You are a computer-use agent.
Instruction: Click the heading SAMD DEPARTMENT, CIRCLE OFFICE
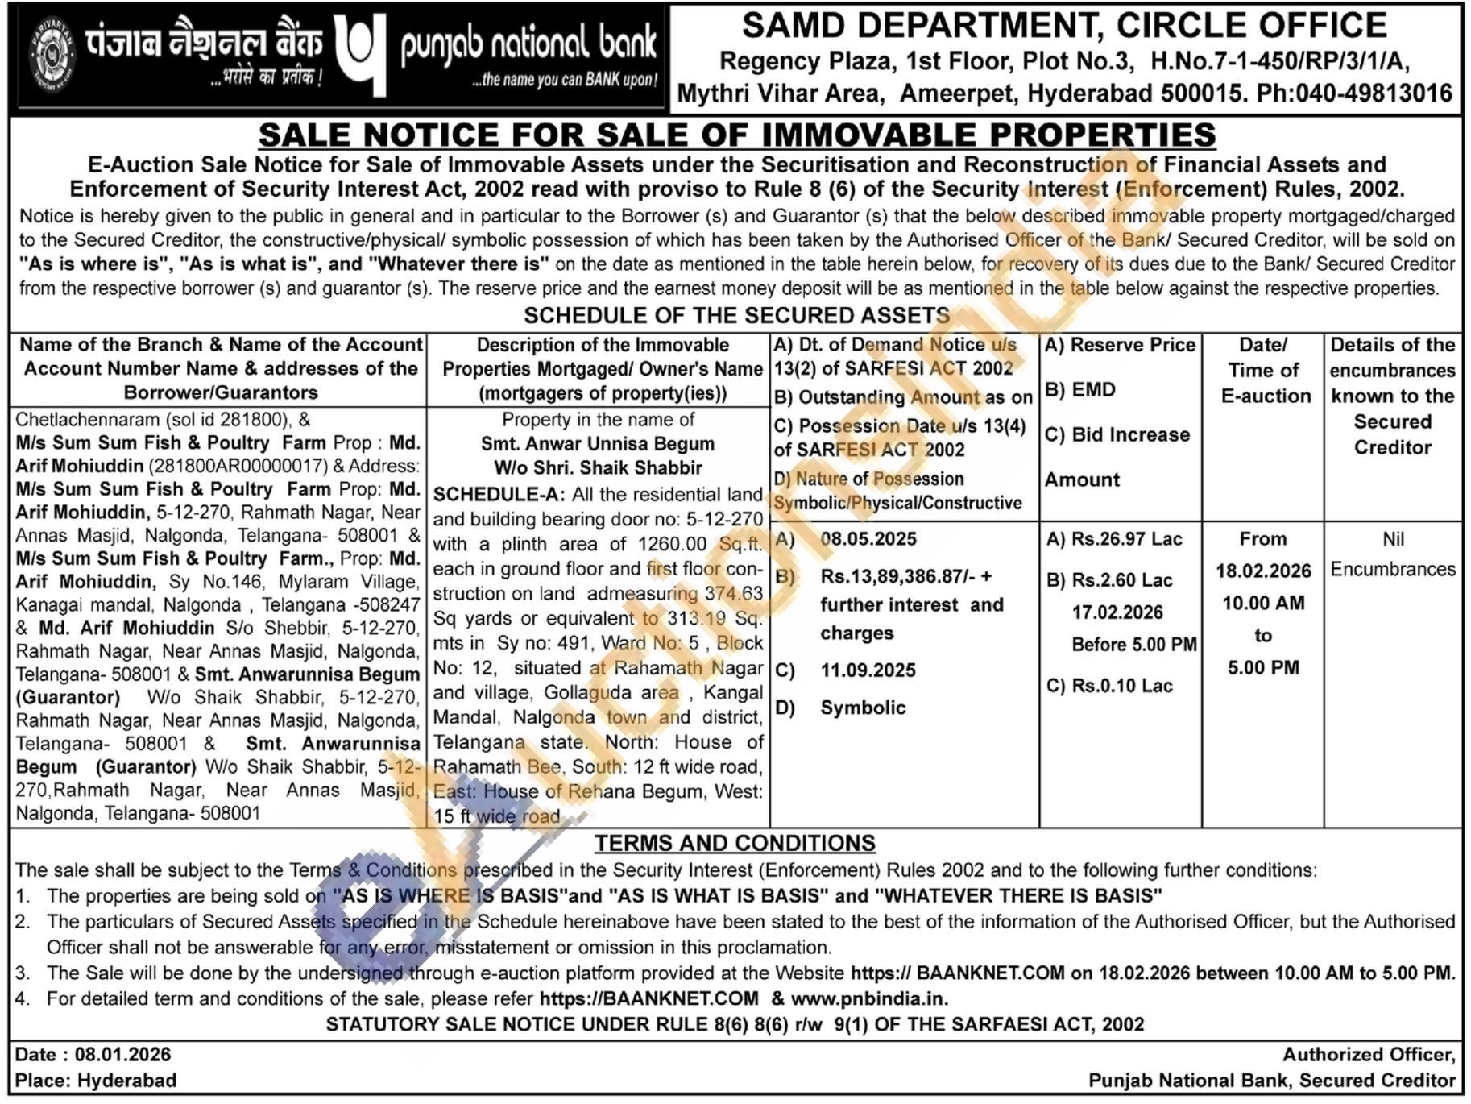point(1064,26)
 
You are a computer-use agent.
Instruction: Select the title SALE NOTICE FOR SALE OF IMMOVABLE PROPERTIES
point(736,135)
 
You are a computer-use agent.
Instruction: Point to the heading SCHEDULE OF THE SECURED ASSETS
point(736,315)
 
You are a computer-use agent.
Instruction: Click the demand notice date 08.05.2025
point(868,539)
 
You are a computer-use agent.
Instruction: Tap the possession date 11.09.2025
point(868,670)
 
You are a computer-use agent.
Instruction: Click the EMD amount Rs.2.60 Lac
point(1122,580)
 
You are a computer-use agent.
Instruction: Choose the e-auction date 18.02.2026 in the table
point(1263,571)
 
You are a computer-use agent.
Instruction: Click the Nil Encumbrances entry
point(1393,554)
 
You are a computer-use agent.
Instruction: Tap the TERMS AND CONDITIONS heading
point(735,843)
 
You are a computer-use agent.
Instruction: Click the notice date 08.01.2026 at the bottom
point(122,1054)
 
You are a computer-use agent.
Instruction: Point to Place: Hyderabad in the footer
point(96,1080)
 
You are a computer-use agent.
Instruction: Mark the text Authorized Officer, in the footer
point(1369,1054)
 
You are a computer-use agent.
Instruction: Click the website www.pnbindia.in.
point(868,998)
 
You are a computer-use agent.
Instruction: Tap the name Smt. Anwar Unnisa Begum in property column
point(597,443)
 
